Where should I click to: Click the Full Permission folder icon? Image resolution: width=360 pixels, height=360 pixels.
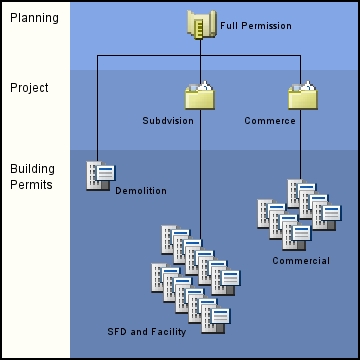(x=199, y=24)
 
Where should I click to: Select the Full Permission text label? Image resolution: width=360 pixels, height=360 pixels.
(x=256, y=25)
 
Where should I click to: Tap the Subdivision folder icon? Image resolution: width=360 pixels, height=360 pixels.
(x=199, y=97)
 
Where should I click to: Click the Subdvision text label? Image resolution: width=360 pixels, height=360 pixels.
(x=168, y=121)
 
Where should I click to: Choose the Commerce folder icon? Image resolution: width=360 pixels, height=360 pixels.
(x=302, y=97)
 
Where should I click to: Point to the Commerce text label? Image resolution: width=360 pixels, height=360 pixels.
(x=270, y=121)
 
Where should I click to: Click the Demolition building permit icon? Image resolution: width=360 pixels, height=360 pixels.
(x=98, y=176)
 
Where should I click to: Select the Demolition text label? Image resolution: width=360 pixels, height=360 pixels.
(x=141, y=190)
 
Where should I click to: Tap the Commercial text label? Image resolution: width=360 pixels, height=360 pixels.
(x=301, y=261)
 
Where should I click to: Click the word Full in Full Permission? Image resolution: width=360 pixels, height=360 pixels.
(x=229, y=25)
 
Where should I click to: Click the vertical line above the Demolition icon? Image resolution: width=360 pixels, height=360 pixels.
(x=98, y=110)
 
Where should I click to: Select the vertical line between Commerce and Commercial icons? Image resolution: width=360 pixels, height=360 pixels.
(x=302, y=145)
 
